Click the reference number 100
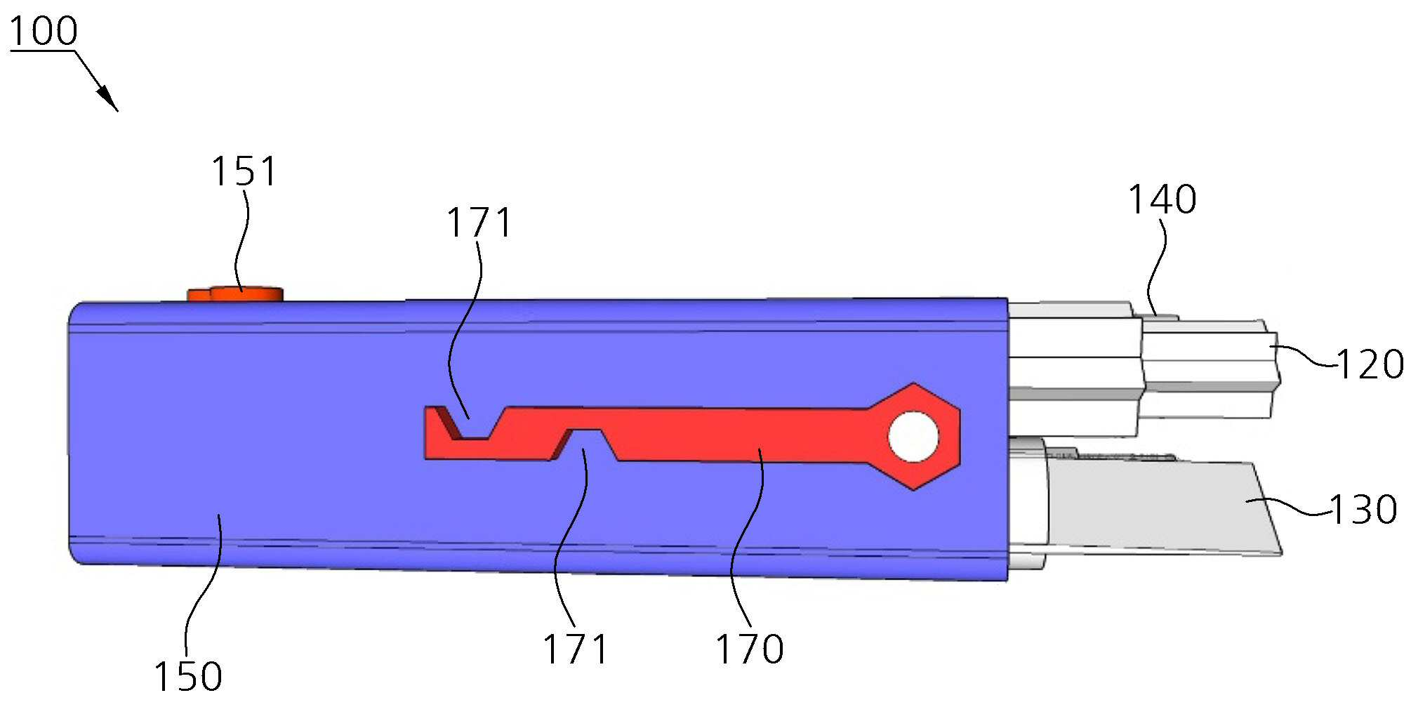[x=44, y=32]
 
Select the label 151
[x=244, y=172]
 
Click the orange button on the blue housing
[x=235, y=293]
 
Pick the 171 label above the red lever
[x=479, y=223]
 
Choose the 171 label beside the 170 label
[x=575, y=649]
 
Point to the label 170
[x=750, y=649]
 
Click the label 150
[x=188, y=676]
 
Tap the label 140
[x=1162, y=200]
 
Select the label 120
[x=1370, y=365]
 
